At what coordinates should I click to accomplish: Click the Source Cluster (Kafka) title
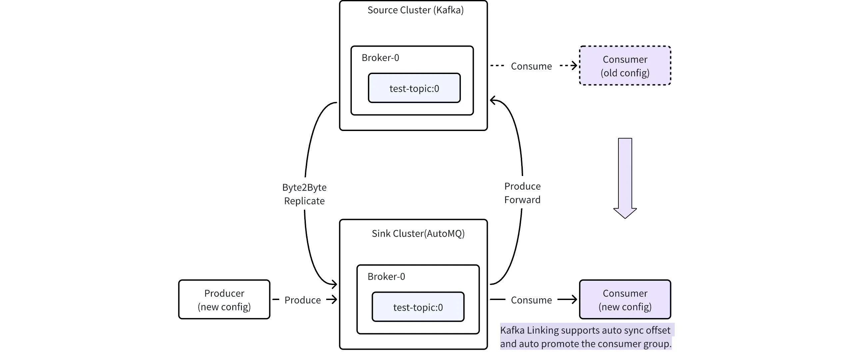[415, 10]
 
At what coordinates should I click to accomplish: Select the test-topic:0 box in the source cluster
[414, 88]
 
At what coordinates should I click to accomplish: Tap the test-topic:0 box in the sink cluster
[418, 307]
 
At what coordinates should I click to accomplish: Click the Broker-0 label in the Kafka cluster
[380, 58]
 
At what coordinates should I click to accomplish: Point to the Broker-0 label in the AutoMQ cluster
[386, 276]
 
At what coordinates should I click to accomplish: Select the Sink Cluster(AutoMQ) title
[418, 233]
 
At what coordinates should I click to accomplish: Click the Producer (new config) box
[224, 300]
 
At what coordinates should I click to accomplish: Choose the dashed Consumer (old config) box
[625, 66]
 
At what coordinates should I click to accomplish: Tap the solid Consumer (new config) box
[625, 300]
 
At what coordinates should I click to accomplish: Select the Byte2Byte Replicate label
[304, 194]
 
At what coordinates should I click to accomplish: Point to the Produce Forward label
[522, 193]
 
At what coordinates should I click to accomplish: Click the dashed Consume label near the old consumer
[531, 66]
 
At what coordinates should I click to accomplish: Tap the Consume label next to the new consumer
[531, 300]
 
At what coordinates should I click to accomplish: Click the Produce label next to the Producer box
[302, 300]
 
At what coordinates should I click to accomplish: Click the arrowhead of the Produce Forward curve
[493, 100]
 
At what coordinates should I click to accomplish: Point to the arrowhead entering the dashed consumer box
[574, 66]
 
